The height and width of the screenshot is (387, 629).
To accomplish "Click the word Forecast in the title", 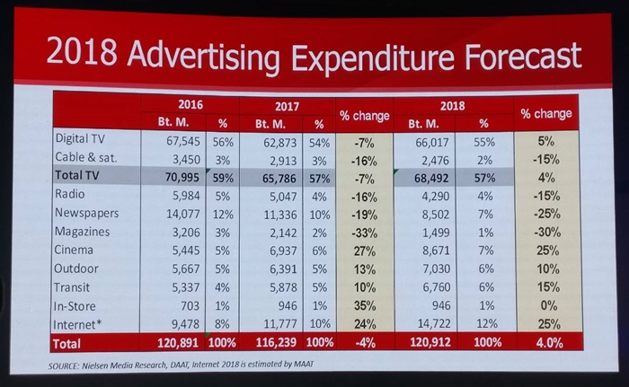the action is coord(523,56).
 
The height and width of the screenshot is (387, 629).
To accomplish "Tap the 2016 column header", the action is coord(190,105).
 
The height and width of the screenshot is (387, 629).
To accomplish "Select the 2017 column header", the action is coord(287,106).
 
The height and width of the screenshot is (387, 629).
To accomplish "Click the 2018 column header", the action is coord(453,105).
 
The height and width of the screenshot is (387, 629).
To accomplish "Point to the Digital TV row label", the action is coord(80,138).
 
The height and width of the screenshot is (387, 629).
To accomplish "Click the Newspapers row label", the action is coord(86,213).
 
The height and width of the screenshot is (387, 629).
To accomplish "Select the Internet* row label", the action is coord(75,324).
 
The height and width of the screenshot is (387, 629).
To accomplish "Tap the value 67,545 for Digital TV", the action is coord(183,141).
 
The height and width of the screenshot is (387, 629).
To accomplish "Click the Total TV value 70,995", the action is coord(182,177).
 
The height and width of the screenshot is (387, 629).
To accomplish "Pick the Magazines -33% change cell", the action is coord(365,233).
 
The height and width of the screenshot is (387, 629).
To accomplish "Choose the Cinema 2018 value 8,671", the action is coord(436,251).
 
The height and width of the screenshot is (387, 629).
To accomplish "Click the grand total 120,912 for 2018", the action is coord(430,342).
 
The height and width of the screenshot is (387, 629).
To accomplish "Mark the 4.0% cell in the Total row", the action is coord(549,343).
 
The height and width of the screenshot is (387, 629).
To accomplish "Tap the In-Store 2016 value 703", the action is coord(190,306).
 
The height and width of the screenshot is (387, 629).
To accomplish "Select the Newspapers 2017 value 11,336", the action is coord(280,215).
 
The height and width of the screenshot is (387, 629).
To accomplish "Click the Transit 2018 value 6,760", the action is coord(436,287).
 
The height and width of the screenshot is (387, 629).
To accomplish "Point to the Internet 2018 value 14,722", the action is coord(434,323).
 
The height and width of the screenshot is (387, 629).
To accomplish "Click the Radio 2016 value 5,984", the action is coord(186,196).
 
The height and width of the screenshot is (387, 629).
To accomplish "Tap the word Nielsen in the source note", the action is coord(95,365).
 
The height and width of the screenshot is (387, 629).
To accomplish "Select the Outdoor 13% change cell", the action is coord(364,269).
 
